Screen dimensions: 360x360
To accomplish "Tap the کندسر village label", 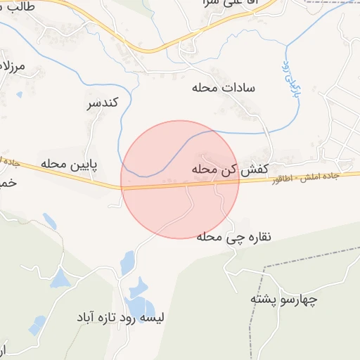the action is coord(102,104).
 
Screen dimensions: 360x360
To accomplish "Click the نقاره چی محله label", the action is coord(230,237).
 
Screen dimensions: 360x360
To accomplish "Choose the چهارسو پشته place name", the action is coord(284,300).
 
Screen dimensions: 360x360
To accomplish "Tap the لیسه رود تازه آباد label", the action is coord(122,318).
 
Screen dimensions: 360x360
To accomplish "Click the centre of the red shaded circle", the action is coord(180,179).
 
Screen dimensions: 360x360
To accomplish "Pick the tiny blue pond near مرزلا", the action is coord(19,94).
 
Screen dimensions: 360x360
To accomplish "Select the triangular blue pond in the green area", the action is coord(60,278).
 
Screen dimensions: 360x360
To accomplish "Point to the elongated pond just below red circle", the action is coord(127,262).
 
